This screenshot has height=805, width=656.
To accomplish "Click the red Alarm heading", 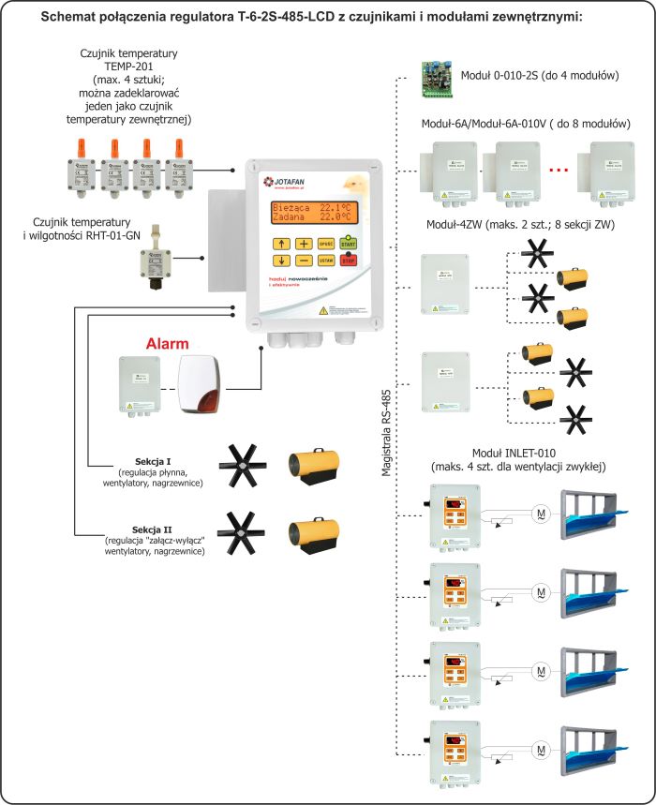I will click(169, 344).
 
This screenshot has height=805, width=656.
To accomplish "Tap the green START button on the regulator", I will click(349, 244).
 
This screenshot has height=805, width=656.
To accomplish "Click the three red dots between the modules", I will click(559, 171).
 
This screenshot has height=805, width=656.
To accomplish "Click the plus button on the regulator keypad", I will click(304, 244).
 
